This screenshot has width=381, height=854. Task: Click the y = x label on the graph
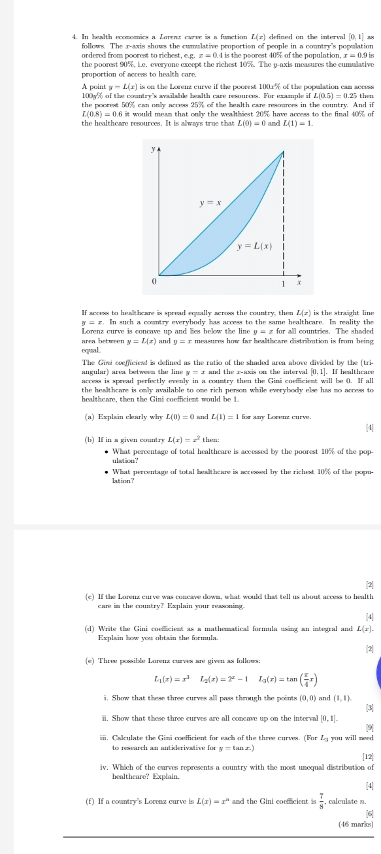point(210,204)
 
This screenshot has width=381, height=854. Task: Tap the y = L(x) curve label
point(254,246)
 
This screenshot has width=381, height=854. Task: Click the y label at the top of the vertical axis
point(153,148)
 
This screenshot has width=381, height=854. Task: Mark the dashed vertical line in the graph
point(284,216)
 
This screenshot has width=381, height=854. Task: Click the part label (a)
point(90,417)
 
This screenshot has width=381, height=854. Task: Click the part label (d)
point(90,628)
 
